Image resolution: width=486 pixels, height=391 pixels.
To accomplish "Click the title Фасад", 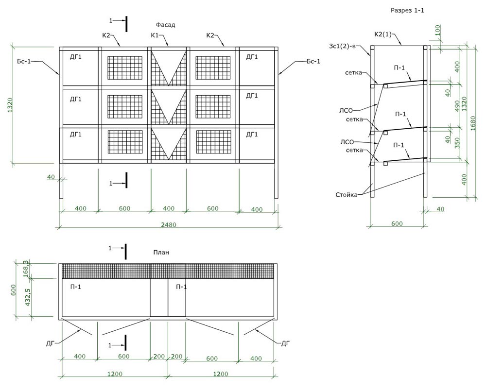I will [165, 24].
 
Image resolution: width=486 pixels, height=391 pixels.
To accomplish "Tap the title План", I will [161, 252].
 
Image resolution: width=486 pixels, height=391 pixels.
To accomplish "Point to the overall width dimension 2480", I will [168, 224].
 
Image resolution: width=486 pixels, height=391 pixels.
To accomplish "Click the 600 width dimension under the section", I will [398, 223].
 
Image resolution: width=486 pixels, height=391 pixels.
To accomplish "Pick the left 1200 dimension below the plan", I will [114, 374].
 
